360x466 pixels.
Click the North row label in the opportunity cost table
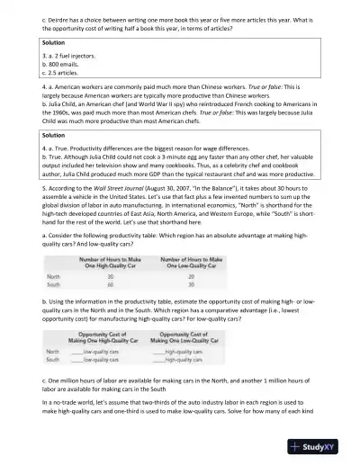tap(53, 351)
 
